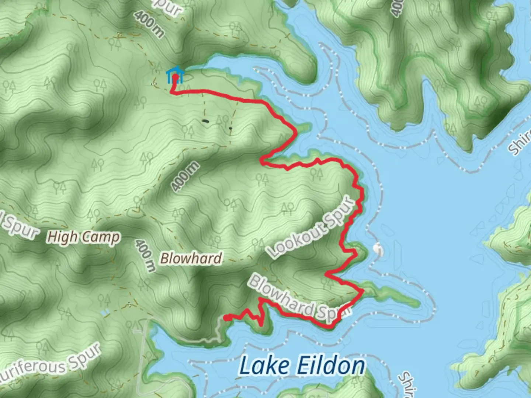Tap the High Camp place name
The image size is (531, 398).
coord(83,237)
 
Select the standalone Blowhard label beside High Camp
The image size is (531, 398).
coord(191,258)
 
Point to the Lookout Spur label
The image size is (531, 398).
coord(312,229)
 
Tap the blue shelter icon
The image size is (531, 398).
coord(175,75)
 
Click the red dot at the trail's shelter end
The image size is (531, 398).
coord(176,77)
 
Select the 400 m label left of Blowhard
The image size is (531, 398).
coord(145,255)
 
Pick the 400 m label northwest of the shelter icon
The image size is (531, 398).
coord(149,24)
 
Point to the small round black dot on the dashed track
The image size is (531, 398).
coord(230,128)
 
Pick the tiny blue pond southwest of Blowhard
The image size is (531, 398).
coord(106,312)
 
